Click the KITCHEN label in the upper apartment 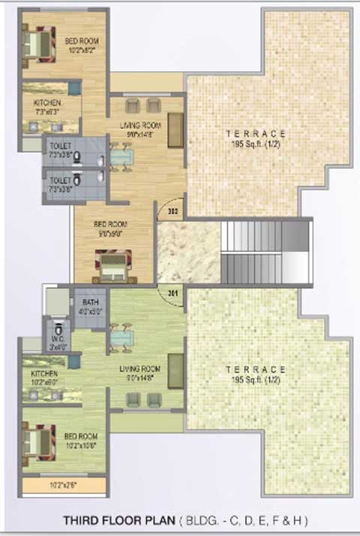pos(46,102)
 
